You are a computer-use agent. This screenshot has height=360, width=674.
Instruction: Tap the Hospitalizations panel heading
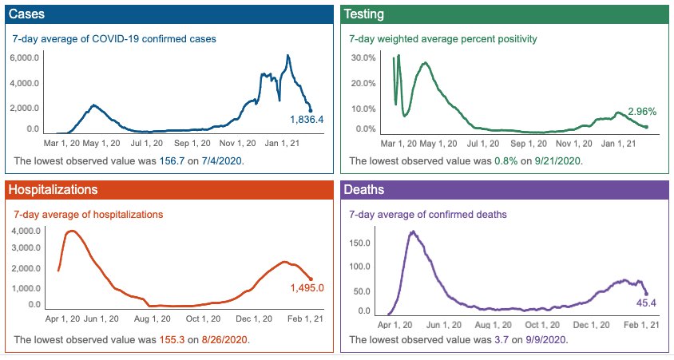tap(52, 190)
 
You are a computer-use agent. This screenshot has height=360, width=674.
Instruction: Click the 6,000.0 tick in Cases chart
tap(24, 58)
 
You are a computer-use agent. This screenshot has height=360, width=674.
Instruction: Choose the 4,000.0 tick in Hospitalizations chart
tap(24, 231)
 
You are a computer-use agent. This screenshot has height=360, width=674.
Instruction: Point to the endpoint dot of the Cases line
tap(310, 111)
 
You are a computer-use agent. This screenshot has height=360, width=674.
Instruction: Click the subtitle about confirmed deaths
tap(428, 215)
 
